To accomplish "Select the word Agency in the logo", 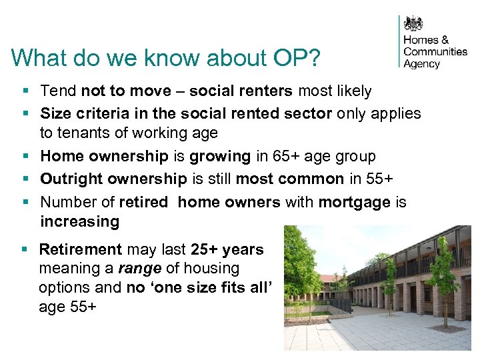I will pyautogui.click(x=422, y=64).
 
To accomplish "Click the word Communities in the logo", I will pyautogui.click(x=435, y=51).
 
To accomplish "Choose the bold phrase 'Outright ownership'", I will pyautogui.click(x=113, y=179).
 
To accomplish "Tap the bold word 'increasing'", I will pyautogui.click(x=79, y=221).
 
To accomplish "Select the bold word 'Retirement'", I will pyautogui.click(x=81, y=250).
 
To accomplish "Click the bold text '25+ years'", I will pyautogui.click(x=227, y=250).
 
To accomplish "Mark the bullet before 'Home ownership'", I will pyautogui.click(x=24, y=157).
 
